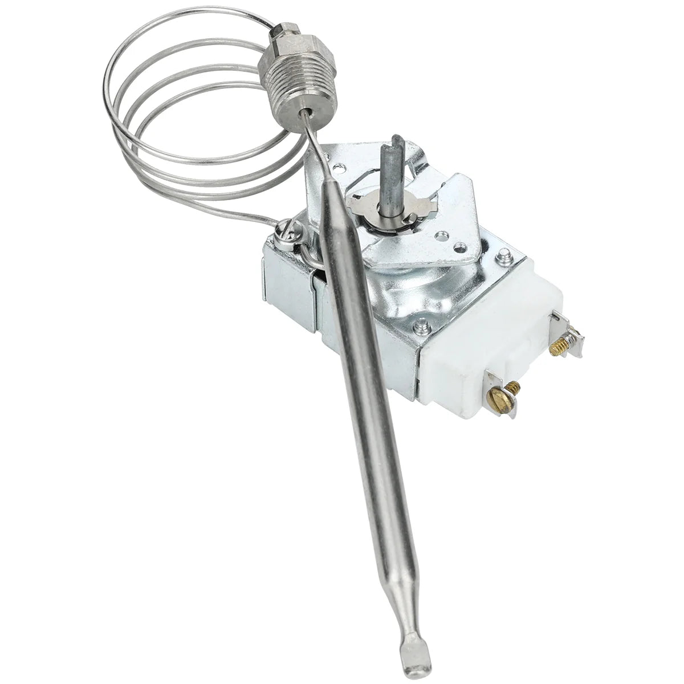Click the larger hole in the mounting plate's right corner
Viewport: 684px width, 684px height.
(x=440, y=235)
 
